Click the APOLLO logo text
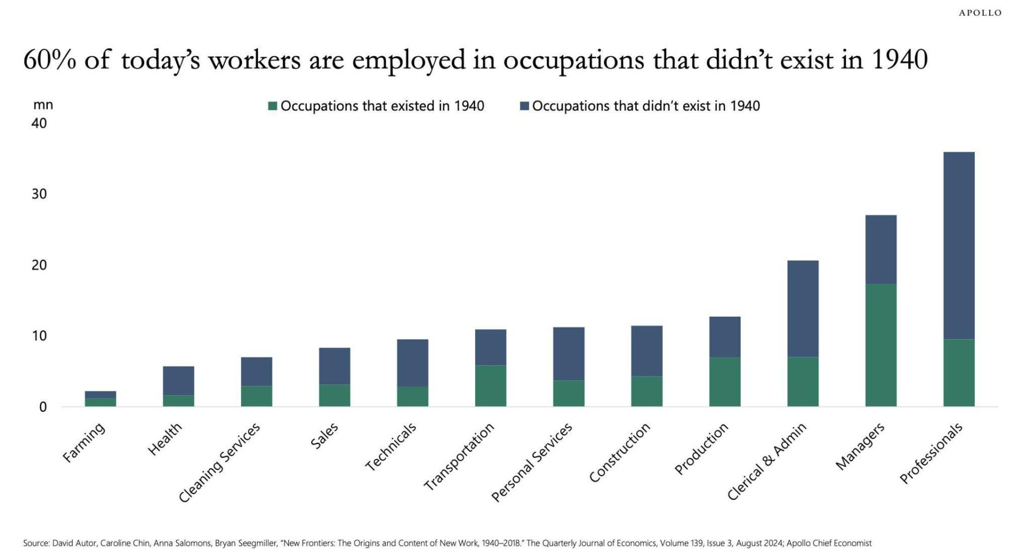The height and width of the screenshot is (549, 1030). [x=980, y=13]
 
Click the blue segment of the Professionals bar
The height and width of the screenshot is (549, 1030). [x=959, y=245]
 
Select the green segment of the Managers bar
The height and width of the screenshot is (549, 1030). [x=880, y=345]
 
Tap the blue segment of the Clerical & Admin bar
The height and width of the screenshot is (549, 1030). [x=803, y=308]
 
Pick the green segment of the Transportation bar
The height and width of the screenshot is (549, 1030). [x=490, y=385]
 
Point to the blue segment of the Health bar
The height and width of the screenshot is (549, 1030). [x=178, y=381]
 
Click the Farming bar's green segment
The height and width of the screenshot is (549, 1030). [x=100, y=402]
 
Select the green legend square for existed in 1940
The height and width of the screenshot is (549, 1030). [x=273, y=106]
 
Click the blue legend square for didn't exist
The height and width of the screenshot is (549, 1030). [x=525, y=106]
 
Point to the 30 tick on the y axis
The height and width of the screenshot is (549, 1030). [x=39, y=194]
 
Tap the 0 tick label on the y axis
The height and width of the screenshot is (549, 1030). [x=43, y=407]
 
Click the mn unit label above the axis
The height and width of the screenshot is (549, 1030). [x=43, y=105]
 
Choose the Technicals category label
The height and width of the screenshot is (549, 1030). [x=391, y=447]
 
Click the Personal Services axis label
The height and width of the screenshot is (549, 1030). [x=532, y=462]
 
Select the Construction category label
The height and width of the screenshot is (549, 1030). [x=620, y=452]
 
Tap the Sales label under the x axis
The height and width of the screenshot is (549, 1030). [x=325, y=435]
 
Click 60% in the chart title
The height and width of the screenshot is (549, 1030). [x=49, y=60]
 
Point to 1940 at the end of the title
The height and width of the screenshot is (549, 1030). [x=899, y=60]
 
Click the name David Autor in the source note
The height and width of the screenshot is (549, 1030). [x=75, y=543]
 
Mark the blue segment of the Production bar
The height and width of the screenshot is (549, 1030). [x=724, y=337]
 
